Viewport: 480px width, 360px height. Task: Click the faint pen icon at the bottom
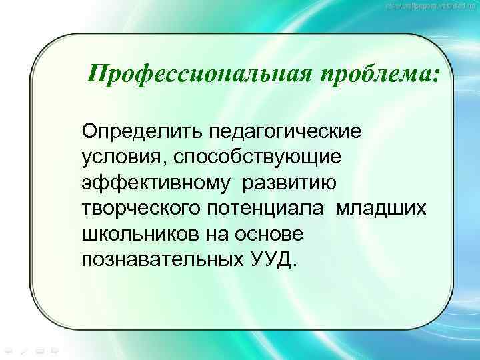coord(23,349)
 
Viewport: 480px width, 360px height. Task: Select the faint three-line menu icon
coord(39,349)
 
